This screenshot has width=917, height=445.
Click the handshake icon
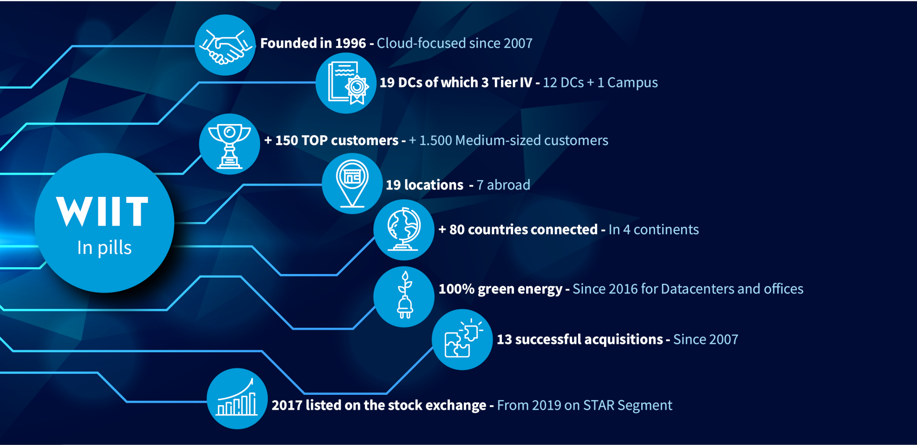click(225, 46)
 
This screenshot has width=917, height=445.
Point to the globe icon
click(404, 229)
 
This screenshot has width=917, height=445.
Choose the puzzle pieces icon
click(463, 339)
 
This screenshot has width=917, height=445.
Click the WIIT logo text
click(103, 211)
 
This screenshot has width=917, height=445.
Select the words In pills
click(104, 248)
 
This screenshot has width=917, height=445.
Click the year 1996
click(351, 43)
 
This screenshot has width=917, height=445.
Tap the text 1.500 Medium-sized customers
click(514, 141)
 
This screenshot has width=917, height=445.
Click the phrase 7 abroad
click(503, 185)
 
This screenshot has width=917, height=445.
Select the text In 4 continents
click(654, 230)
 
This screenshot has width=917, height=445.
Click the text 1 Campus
click(628, 83)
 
